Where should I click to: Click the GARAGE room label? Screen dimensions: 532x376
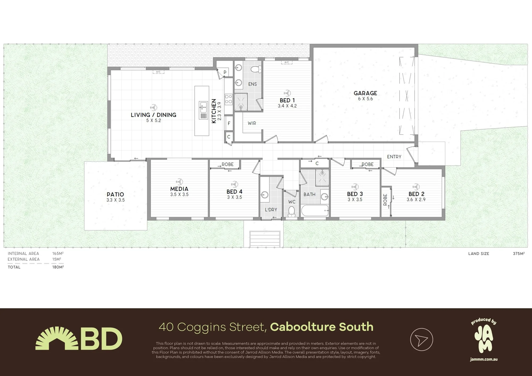(x=365, y=93)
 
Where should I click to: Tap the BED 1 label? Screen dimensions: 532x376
(x=287, y=100)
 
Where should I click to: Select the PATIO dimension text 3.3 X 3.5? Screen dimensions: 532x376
(x=115, y=200)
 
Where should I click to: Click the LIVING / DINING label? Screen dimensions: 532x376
(x=153, y=115)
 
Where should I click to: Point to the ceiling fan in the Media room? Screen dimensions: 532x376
(x=180, y=182)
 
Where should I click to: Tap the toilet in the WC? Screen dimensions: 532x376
(x=292, y=211)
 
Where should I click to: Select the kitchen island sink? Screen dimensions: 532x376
(x=203, y=107)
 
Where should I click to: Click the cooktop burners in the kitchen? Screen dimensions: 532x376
(x=228, y=99)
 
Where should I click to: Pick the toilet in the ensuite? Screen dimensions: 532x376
(x=256, y=69)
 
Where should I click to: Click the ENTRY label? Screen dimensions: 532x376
(x=394, y=157)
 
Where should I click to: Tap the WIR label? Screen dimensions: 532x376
(x=252, y=123)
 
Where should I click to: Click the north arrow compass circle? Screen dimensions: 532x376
(x=422, y=340)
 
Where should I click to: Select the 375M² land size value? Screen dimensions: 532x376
(x=519, y=254)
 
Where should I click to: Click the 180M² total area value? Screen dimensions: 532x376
(x=58, y=267)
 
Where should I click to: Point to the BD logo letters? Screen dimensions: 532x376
(x=101, y=339)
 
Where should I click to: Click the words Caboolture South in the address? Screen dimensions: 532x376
(x=322, y=327)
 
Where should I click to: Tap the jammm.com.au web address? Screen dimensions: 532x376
(x=484, y=359)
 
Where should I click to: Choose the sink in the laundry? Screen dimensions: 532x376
(x=264, y=195)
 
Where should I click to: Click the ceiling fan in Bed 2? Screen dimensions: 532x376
(x=416, y=187)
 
